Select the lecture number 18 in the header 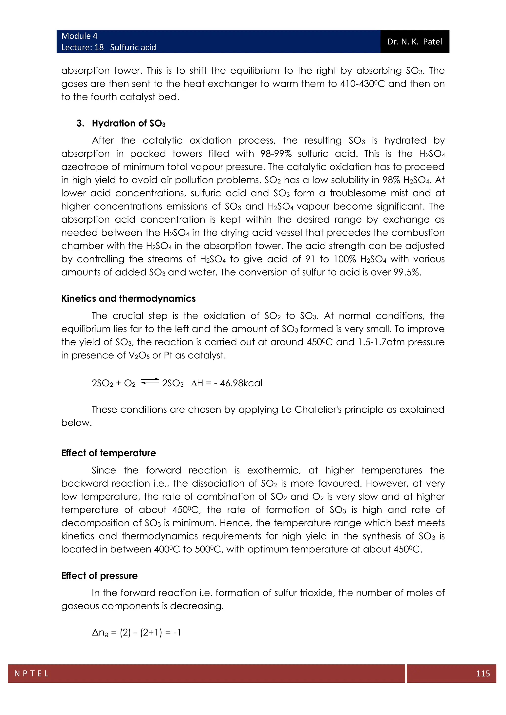(x=99, y=47)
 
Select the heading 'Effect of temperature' (x=108, y=453)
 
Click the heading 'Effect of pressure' (x=99, y=576)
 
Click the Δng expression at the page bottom (x=136, y=633)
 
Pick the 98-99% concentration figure (x=275, y=154)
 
